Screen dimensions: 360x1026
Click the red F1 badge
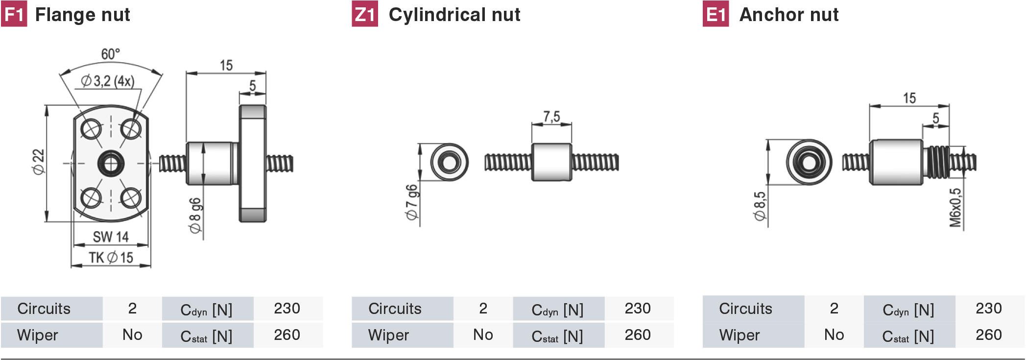point(14,14)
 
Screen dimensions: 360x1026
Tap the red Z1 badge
point(365,14)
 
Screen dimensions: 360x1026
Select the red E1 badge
point(716,14)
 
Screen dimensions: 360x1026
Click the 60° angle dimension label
point(111,54)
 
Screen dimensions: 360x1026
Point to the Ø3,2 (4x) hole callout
point(108,81)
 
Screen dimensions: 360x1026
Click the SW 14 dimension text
point(111,237)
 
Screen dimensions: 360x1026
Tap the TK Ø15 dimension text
point(111,258)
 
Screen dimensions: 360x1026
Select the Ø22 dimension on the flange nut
point(38,162)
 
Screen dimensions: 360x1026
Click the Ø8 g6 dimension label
point(195,216)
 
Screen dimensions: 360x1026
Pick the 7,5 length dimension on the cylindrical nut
point(551,117)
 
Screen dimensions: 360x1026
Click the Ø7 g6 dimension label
point(412,202)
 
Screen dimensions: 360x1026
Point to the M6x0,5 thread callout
point(955,208)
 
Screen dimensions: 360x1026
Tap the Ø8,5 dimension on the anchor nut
point(760,206)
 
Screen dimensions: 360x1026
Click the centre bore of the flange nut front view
point(111,163)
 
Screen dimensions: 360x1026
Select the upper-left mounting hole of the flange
point(91,129)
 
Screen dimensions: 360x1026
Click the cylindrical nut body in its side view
point(551,162)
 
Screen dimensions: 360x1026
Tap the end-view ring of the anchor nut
point(809,162)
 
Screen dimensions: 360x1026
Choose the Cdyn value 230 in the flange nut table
point(287,309)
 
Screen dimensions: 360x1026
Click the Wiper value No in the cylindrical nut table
point(483,335)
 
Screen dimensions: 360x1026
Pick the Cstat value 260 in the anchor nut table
point(989,335)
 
